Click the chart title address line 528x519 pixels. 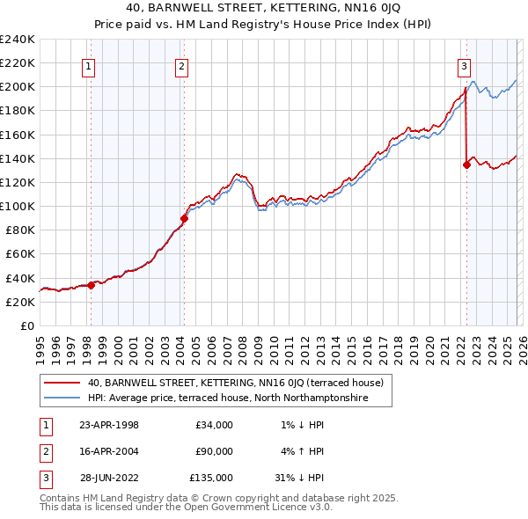point(264,10)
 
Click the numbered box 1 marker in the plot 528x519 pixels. point(90,64)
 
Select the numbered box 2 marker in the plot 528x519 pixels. point(181,64)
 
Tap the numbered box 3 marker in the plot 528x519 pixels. point(464,64)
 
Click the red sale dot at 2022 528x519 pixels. point(466,164)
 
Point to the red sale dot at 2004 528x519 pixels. point(184,218)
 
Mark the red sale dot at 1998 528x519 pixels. point(92,284)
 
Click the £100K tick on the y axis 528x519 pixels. point(18,206)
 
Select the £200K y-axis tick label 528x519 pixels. point(18,87)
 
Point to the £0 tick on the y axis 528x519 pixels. point(26,325)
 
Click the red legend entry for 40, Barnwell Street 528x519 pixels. point(235,383)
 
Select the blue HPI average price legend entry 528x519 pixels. point(226,398)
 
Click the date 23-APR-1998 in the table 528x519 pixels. point(109,425)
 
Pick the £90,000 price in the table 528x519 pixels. point(214,451)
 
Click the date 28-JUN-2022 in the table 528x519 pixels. point(109,478)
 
